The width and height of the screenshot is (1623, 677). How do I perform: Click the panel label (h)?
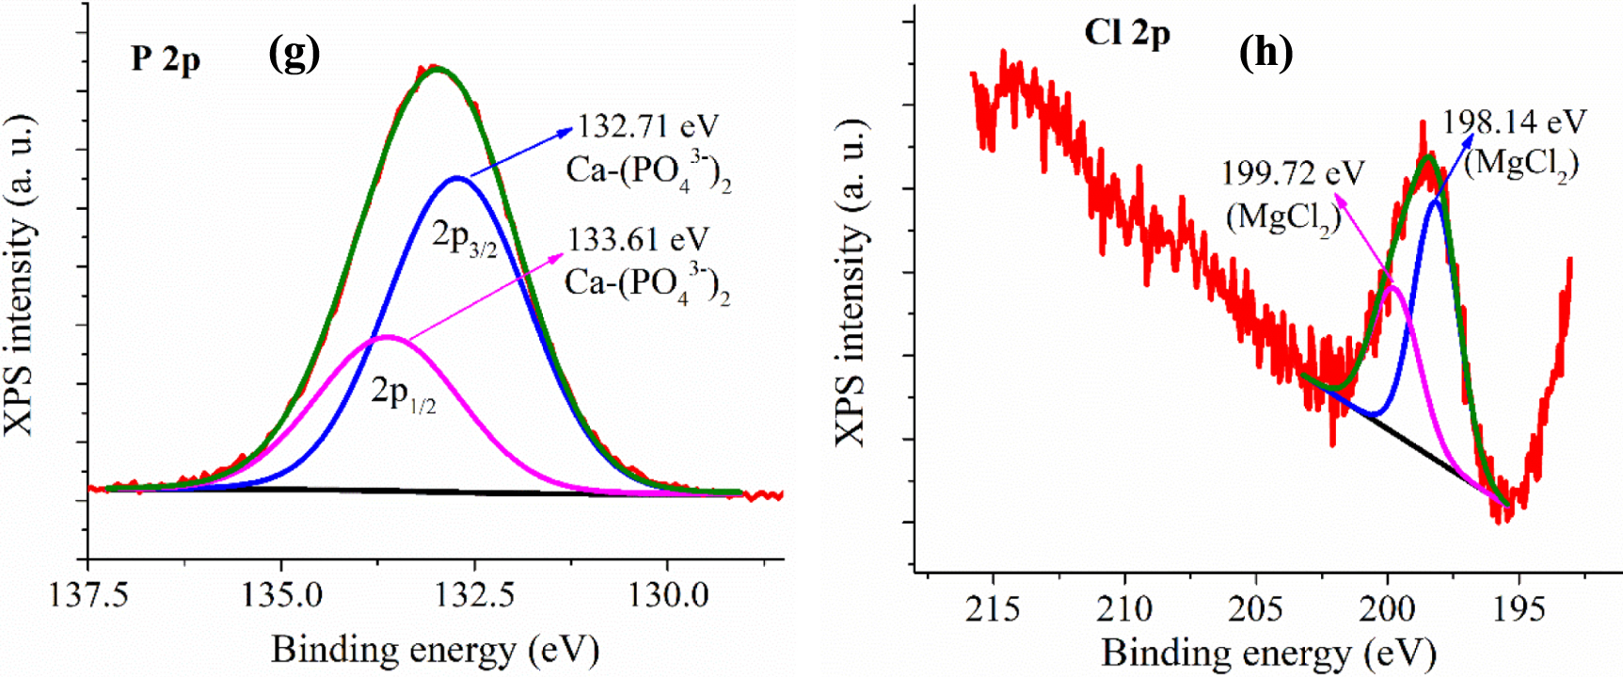(x=1265, y=52)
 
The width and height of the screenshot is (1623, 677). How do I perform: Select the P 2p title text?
(x=166, y=59)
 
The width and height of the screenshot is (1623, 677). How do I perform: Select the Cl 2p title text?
(x=1126, y=34)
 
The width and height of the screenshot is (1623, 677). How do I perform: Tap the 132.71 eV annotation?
(x=647, y=126)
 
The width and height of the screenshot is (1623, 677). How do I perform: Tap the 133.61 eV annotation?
(x=638, y=239)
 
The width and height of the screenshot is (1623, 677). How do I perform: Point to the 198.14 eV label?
(x=1514, y=121)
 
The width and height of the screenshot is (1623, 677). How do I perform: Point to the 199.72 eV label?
(x=1292, y=173)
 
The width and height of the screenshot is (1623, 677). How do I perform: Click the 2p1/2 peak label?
(x=403, y=392)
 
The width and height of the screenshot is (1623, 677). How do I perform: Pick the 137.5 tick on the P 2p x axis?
(x=88, y=595)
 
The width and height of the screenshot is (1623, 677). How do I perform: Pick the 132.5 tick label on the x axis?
(x=474, y=595)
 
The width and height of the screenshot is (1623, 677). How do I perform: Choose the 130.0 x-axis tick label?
(x=668, y=595)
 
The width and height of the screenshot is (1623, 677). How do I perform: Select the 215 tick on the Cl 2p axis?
(x=993, y=609)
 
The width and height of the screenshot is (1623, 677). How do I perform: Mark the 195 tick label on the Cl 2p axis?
(x=1519, y=609)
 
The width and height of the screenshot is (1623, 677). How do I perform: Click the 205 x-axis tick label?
(x=1255, y=609)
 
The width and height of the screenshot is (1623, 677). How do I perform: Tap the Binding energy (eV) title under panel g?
(x=435, y=650)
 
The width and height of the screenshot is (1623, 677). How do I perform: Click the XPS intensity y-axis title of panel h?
(x=851, y=282)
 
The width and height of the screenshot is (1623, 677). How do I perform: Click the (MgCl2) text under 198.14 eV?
(x=1520, y=164)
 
